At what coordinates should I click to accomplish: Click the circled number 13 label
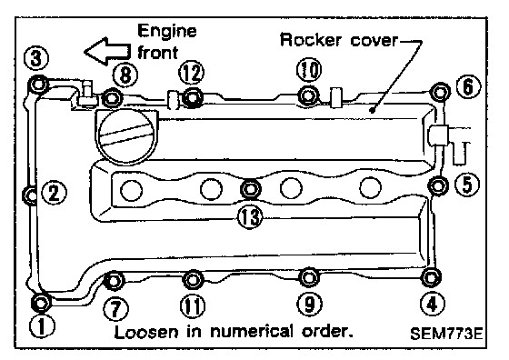(250, 217)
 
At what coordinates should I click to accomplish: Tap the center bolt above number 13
(250, 188)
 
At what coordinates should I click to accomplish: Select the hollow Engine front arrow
(108, 51)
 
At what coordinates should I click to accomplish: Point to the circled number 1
(42, 325)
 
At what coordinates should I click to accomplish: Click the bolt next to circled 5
(438, 186)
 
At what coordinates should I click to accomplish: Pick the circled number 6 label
(468, 86)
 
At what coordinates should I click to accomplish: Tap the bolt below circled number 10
(307, 95)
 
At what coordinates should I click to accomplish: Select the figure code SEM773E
(446, 333)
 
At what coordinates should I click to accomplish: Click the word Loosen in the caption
(146, 332)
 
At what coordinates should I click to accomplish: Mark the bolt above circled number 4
(431, 278)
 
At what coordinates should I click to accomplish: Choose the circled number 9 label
(310, 305)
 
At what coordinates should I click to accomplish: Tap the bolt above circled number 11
(193, 280)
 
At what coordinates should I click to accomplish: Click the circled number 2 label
(55, 193)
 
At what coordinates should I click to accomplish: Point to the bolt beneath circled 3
(38, 85)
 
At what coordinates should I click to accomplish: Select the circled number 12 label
(192, 72)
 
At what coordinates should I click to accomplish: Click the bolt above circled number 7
(114, 280)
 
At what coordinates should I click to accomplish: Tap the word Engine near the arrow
(167, 32)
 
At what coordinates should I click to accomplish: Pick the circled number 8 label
(125, 75)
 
